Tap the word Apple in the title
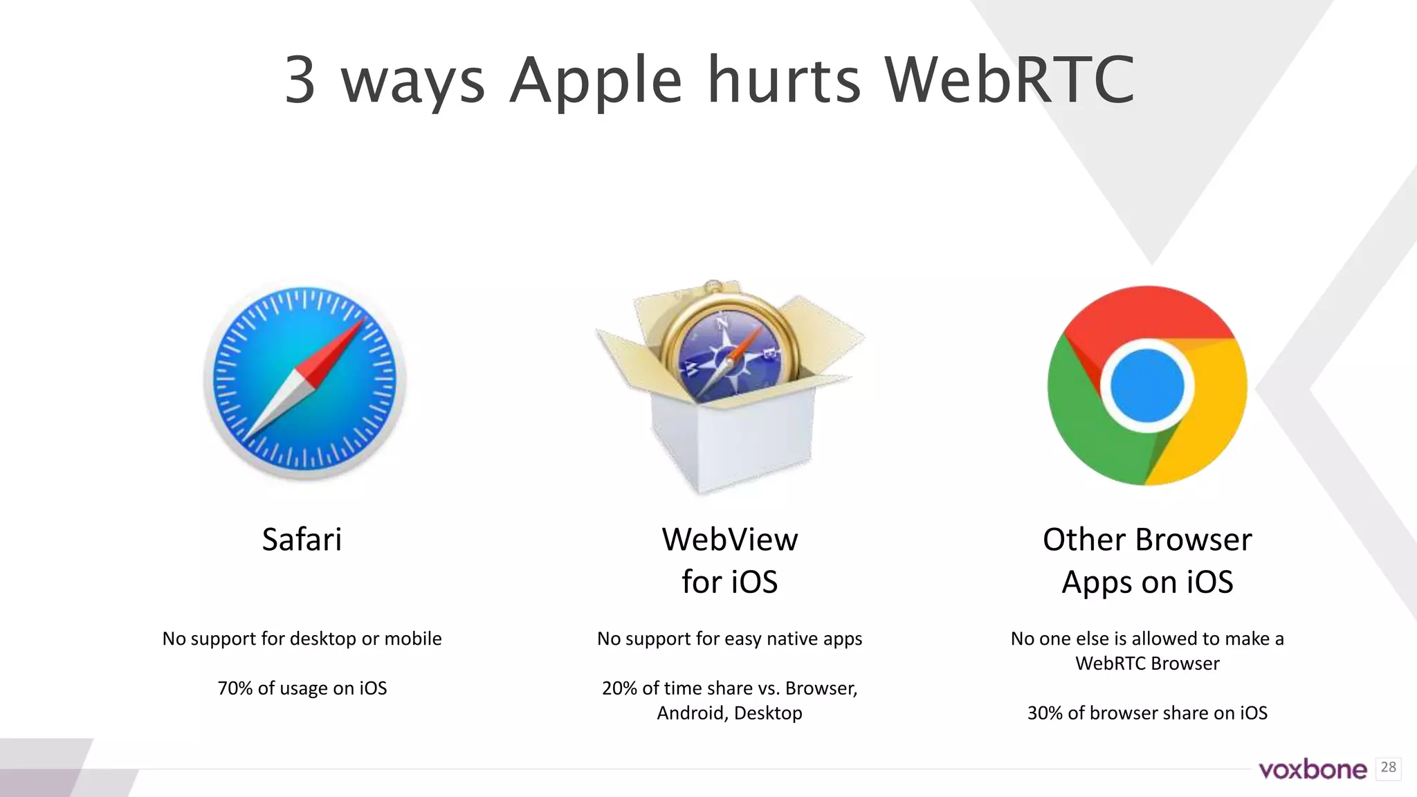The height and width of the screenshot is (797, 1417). pos(596,82)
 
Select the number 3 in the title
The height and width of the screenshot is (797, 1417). pos(300,80)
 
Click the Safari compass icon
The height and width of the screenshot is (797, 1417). pos(304,381)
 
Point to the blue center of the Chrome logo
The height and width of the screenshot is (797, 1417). pos(1146,385)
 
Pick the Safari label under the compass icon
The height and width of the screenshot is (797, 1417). pos(302,540)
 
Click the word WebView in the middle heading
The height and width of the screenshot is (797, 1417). pos(729,540)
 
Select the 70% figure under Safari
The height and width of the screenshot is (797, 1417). pos(235,688)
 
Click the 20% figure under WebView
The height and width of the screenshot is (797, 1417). pos(619,688)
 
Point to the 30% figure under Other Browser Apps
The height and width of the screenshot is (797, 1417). pos(1045,713)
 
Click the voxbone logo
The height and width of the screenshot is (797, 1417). pos(1313,769)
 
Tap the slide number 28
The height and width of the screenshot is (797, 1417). pos(1388,767)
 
